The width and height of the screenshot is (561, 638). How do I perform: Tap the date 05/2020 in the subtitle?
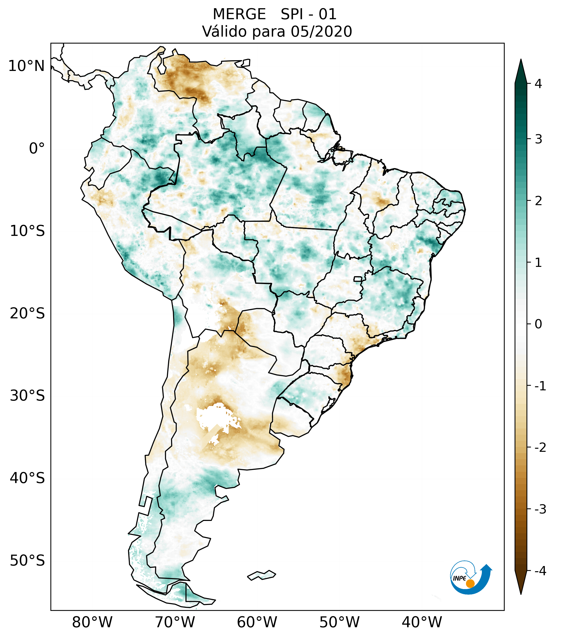click(321, 32)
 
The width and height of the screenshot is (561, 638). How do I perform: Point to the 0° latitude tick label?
click(37, 149)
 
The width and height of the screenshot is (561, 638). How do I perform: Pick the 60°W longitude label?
click(257, 622)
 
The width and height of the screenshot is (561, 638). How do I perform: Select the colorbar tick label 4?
click(538, 84)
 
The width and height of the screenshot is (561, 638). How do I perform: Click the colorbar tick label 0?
click(538, 324)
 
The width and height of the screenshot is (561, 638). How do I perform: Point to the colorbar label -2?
click(540, 448)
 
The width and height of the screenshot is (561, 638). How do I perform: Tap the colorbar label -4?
click(540, 571)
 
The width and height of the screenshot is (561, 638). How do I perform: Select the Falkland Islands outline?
click(261, 575)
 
